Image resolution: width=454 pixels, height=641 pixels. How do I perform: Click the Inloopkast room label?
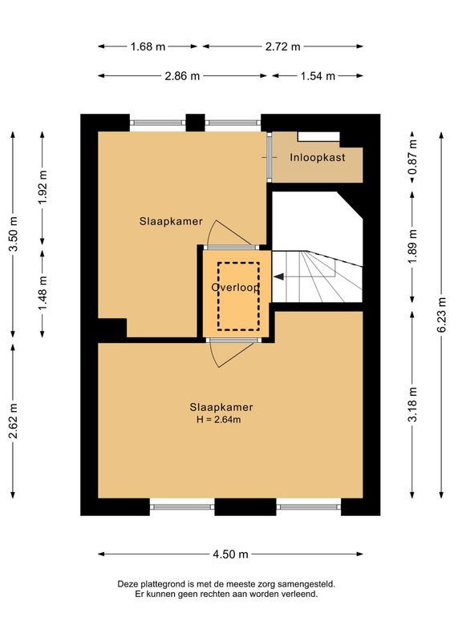(x=317, y=158)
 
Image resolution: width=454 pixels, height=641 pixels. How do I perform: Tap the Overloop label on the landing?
(x=235, y=288)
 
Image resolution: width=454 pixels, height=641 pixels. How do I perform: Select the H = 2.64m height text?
(x=219, y=419)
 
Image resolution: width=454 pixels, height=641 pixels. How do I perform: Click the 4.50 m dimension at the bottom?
(x=230, y=554)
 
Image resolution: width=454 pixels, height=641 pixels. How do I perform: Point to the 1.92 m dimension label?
(x=43, y=187)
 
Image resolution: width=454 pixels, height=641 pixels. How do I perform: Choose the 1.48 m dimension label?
(x=43, y=293)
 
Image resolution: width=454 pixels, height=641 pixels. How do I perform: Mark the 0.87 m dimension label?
(x=412, y=157)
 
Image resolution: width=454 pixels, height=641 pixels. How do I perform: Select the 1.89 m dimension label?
(x=412, y=248)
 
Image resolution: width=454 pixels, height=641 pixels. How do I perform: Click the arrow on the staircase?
(x=282, y=276)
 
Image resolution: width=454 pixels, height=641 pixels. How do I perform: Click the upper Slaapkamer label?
(x=170, y=221)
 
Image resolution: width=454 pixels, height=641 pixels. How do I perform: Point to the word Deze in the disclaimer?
(x=131, y=584)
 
